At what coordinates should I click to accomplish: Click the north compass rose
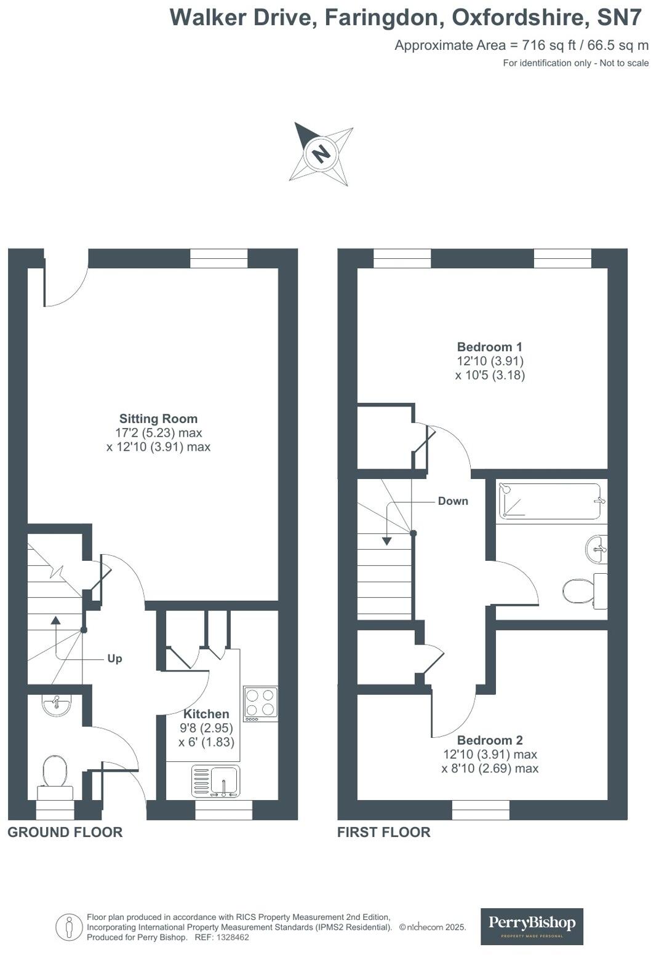point(321,153)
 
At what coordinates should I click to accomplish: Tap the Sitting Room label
point(158,419)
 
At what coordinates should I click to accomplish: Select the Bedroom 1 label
point(489,347)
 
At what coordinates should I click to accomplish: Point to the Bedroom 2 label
point(489,740)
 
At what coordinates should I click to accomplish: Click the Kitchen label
point(206,714)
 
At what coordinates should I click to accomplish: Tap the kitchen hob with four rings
point(260,703)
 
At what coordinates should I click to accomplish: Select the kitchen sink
point(216,782)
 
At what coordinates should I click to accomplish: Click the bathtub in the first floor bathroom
point(549,501)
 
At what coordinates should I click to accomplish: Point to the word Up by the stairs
point(114,659)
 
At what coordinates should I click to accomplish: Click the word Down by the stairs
point(453,501)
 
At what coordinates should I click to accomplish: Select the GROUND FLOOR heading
point(65,832)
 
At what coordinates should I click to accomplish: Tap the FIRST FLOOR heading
point(383,832)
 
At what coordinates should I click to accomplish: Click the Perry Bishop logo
point(532,925)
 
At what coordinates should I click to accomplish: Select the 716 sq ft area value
point(546,45)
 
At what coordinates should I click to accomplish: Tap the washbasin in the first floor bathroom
point(596,549)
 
